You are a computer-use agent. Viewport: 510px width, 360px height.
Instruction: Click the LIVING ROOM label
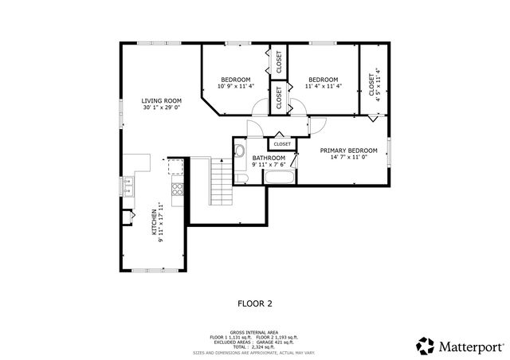coord(162,101)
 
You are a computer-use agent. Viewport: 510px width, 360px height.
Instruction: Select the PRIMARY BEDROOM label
coord(348,151)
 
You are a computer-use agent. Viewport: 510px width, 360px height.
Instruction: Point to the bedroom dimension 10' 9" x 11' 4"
coord(236,86)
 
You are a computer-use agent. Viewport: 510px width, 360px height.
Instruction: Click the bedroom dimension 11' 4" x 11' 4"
coord(324,86)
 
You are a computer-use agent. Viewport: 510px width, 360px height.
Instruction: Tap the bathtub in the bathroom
coord(278,178)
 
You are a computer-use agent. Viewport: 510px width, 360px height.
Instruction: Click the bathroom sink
coord(240,149)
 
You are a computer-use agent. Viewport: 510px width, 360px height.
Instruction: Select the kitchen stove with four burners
coord(177,190)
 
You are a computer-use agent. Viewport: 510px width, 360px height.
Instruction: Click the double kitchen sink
coord(127,186)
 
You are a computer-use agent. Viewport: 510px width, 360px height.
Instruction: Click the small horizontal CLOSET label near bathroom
coord(282,144)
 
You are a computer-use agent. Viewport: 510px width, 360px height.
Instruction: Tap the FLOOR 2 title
coord(255,303)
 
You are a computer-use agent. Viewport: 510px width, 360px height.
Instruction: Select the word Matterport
coord(469,346)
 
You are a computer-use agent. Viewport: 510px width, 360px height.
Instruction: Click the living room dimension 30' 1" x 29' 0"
coord(162,108)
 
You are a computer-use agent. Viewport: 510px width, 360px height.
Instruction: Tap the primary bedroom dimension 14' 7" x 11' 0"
coord(348,157)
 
